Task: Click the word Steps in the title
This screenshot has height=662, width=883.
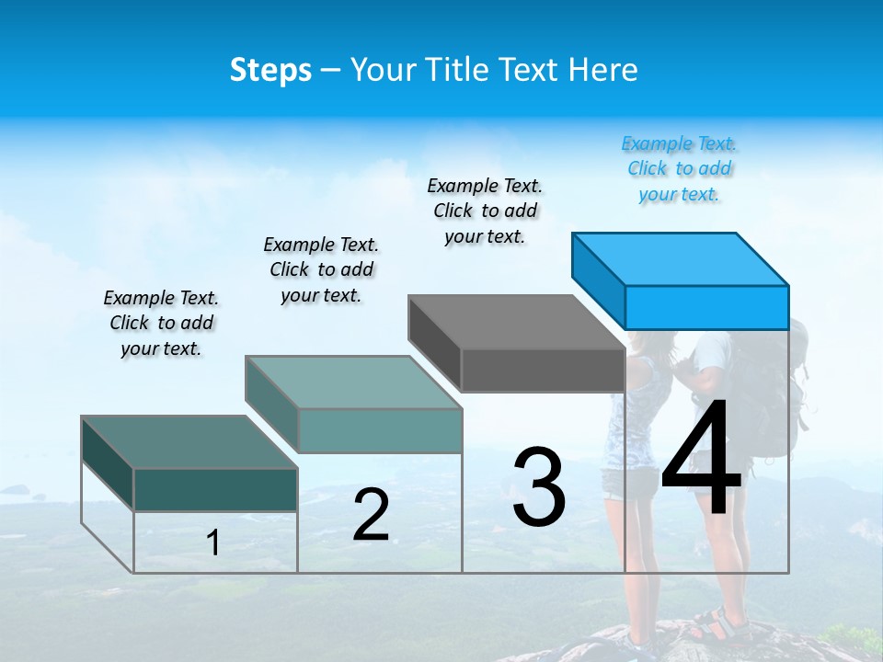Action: pos(270,70)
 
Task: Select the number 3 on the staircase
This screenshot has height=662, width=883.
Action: pos(539,487)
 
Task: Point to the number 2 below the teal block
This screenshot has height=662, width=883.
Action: pos(371,515)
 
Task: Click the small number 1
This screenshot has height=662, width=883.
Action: pos(213,542)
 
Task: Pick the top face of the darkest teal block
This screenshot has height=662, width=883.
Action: pos(189,442)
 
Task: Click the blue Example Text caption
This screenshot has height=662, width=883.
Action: pos(679,168)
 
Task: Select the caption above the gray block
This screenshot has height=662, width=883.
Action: pos(485,211)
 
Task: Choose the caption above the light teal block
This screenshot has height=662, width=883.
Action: pos(321,269)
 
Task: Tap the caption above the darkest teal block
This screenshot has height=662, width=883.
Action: pos(161,323)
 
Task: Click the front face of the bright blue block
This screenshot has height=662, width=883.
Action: pos(706,307)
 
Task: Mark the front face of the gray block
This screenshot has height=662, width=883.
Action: pos(543,371)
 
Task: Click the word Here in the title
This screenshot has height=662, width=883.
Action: pos(606,70)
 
